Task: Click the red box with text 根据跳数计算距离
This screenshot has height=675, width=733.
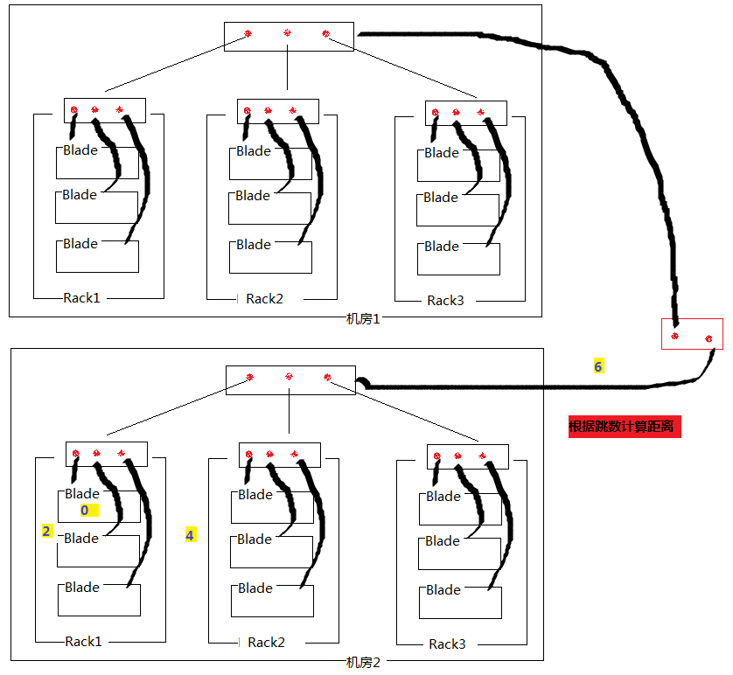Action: tap(624, 428)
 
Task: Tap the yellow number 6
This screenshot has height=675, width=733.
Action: tap(598, 367)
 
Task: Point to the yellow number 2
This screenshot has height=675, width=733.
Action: tap(47, 531)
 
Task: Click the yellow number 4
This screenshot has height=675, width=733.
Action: tap(190, 534)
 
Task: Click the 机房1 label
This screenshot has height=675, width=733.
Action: tap(363, 319)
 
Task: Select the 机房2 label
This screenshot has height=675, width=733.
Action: tap(363, 663)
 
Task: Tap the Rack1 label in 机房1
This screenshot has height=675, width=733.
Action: tap(82, 298)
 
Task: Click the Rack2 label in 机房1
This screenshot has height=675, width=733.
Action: tap(264, 299)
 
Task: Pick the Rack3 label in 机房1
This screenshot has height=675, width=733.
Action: tap(445, 301)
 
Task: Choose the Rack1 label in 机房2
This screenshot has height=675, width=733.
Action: tap(84, 642)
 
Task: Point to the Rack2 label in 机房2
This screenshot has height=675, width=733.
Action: tap(266, 643)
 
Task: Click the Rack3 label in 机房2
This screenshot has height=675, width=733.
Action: tap(447, 644)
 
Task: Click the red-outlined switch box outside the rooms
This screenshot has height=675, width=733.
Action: tap(692, 334)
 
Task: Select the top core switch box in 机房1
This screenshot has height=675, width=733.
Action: tap(289, 36)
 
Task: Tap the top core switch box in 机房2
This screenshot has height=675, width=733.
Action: tap(290, 379)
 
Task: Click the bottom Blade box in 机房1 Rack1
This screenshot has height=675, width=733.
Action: tap(97, 255)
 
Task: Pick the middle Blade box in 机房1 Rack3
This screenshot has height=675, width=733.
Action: tap(457, 209)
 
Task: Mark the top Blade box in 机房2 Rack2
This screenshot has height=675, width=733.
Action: tap(272, 506)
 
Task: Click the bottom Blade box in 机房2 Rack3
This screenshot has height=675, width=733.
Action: tap(460, 602)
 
